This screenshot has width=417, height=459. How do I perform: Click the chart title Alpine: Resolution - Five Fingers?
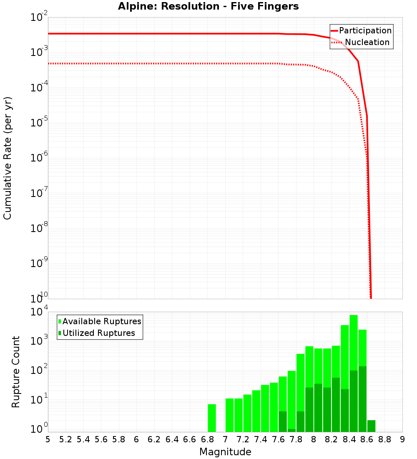pos(208,7)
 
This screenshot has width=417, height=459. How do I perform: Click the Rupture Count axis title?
pos(16,372)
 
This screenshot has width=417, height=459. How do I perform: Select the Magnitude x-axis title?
pos(225,452)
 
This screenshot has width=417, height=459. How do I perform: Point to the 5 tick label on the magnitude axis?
pos(48,439)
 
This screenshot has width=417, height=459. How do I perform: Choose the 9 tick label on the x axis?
pos(402,439)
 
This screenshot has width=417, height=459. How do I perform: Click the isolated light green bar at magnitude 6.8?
pos(212,417)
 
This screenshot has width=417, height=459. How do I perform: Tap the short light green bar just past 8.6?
pos(371,426)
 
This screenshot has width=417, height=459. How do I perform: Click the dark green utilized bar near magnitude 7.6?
pos(283,421)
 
